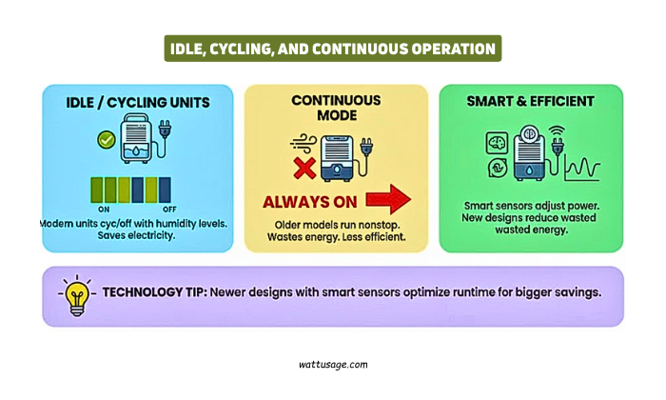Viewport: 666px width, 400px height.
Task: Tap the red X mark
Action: pyautogui.click(x=304, y=168)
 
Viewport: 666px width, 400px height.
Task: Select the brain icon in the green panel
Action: pyautogui.click(x=495, y=140)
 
